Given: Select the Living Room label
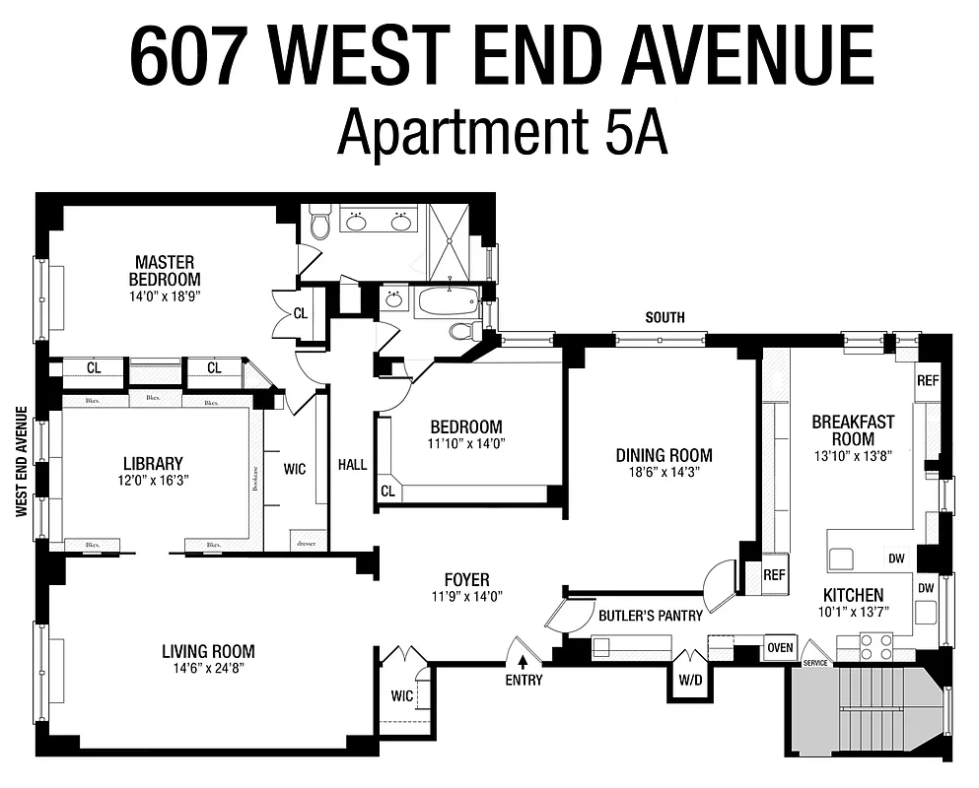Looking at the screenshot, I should pyautogui.click(x=208, y=651).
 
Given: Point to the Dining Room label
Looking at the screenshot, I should pyautogui.click(x=664, y=455).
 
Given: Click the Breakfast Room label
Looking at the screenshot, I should pyautogui.click(x=853, y=429).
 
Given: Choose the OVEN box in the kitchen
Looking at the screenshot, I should pyautogui.click(x=780, y=647).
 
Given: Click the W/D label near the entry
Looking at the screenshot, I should pyautogui.click(x=688, y=680).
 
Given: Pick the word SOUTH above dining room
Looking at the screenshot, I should pyautogui.click(x=664, y=317).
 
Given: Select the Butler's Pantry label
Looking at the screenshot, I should pyautogui.click(x=651, y=616).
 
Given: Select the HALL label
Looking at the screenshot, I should pyautogui.click(x=352, y=464).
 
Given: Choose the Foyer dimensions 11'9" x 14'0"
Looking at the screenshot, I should pyautogui.click(x=467, y=595).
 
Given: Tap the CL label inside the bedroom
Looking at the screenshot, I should pyautogui.click(x=387, y=490).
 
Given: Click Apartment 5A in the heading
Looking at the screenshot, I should pyautogui.click(x=502, y=134).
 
